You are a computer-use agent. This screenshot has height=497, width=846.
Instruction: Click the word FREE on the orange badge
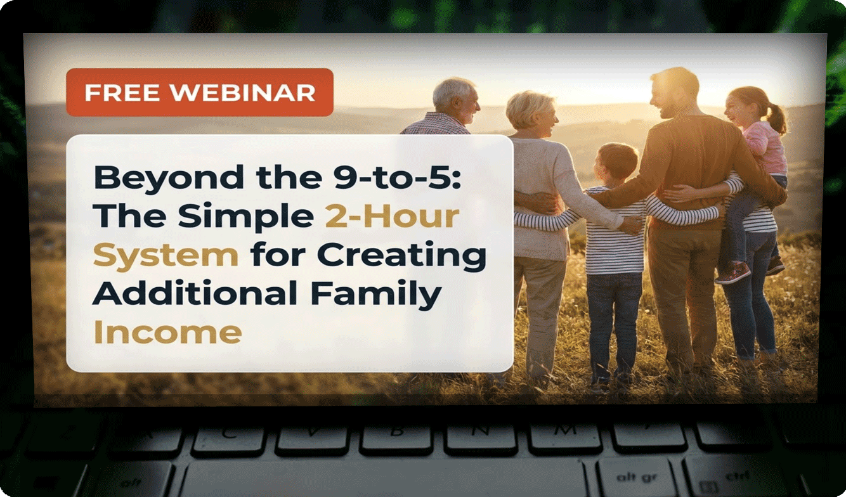pyautogui.click(x=122, y=93)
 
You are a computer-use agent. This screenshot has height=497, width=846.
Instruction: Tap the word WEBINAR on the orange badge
pyautogui.click(x=242, y=93)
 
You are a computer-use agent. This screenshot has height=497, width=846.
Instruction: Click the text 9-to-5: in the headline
pyautogui.click(x=398, y=177)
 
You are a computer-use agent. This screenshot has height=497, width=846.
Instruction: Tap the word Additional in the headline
pyautogui.click(x=195, y=293)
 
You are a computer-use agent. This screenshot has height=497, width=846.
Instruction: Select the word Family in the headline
pyautogui.click(x=376, y=295)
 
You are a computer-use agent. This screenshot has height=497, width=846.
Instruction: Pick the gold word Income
pyautogui.click(x=167, y=332)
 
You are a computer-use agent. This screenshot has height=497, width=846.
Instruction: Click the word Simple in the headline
pyautogui.click(x=246, y=218)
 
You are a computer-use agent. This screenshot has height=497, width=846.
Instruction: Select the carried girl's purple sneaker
pyautogui.click(x=732, y=273)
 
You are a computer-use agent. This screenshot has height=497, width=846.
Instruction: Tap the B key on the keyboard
pyautogui.click(x=395, y=437)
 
